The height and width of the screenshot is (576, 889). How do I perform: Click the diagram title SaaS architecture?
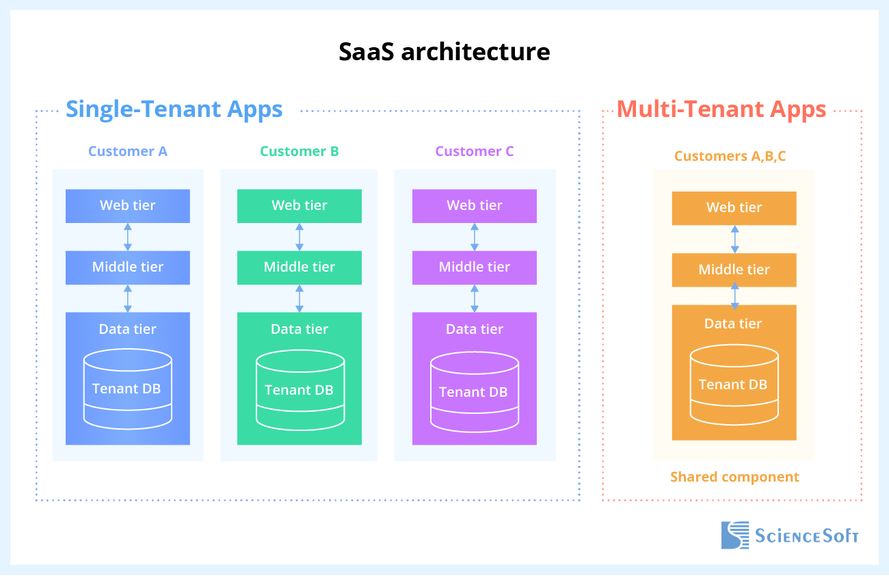pos(444,52)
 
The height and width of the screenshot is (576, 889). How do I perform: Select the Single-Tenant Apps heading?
pos(174,109)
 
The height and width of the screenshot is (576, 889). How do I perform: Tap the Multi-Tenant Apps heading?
pos(721,109)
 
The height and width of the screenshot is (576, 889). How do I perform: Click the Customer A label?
pos(128,152)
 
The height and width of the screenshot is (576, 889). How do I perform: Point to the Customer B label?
pos(300,152)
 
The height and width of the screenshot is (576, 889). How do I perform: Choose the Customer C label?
pos(475,152)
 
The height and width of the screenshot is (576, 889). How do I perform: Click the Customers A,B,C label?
pos(730,157)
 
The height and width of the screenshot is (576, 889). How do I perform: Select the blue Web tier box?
pos(128,206)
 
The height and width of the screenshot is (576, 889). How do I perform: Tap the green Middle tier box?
pos(300,267)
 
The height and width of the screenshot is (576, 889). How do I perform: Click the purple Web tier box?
pos(475,206)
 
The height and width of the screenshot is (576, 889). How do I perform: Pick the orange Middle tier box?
pos(734,270)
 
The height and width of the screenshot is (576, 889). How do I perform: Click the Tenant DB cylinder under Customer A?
pos(128,389)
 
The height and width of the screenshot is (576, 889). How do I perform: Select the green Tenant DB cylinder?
pos(300,391)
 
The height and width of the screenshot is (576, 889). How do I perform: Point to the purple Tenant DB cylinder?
pos(475,393)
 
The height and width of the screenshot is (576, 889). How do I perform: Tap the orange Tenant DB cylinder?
pos(734,385)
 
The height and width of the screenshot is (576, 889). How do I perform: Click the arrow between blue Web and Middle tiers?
pos(128,237)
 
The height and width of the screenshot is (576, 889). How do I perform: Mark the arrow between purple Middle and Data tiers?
pos(475,298)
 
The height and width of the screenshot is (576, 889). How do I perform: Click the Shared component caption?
pos(734,477)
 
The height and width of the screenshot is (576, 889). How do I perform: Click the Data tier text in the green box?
pos(300,330)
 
